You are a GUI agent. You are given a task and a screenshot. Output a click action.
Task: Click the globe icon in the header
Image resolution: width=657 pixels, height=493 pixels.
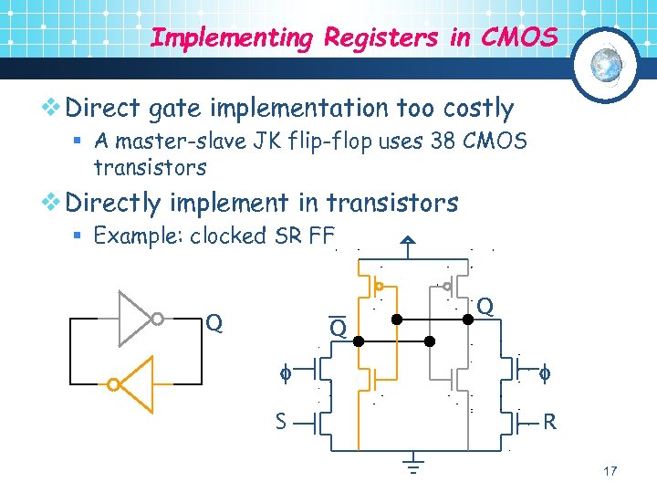(606, 65)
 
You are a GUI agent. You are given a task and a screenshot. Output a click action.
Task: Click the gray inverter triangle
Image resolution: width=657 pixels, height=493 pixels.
(135, 319)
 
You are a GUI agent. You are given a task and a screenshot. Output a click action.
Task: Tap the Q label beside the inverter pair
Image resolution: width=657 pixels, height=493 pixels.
(214, 322)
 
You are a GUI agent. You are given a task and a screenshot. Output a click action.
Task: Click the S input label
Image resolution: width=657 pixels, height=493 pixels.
(283, 421)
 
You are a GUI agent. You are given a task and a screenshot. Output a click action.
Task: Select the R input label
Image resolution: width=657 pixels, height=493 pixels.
(549, 422)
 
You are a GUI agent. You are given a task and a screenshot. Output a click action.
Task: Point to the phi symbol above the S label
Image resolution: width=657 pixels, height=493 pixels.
(284, 372)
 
